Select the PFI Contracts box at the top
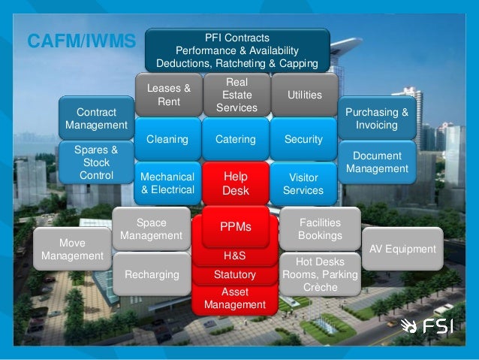click(x=236, y=50)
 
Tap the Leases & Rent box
click(x=169, y=95)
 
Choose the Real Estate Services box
click(x=236, y=95)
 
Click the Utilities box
click(x=304, y=95)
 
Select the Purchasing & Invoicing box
click(x=376, y=118)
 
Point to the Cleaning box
click(x=167, y=139)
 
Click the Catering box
click(x=235, y=139)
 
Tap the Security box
click(x=303, y=139)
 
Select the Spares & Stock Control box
click(x=96, y=162)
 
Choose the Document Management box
click(x=377, y=162)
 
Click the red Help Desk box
click(x=235, y=183)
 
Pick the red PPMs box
click(x=235, y=227)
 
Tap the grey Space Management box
click(x=151, y=229)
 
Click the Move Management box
click(x=72, y=250)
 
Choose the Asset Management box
click(x=235, y=298)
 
